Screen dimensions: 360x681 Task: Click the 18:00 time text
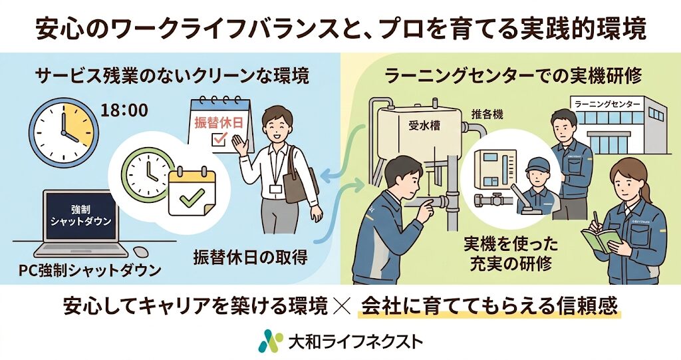pyautogui.click(x=124, y=109)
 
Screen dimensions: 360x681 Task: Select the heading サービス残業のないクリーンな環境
pyautogui.click(x=172, y=75)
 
